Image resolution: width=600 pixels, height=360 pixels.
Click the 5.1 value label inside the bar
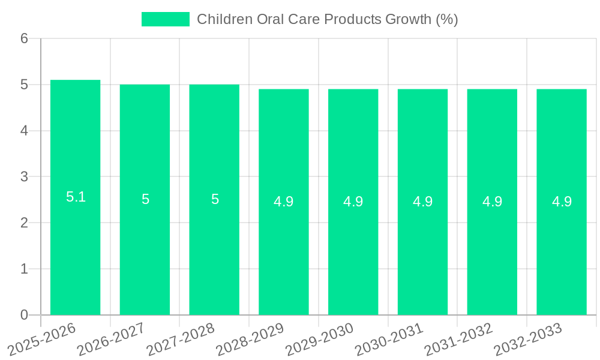point(76,197)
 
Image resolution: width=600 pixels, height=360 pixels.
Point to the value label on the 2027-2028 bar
point(215,199)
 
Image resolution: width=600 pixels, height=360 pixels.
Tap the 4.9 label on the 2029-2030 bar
point(353,202)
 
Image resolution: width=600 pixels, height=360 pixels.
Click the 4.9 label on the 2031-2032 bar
point(492,202)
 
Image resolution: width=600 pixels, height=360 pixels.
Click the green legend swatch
point(165,19)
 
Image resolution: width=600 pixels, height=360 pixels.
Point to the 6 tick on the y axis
point(24,38)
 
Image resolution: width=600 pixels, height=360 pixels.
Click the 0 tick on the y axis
point(24,315)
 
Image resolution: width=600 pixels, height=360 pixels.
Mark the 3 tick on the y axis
point(24,177)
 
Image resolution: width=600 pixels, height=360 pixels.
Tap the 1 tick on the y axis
point(24,269)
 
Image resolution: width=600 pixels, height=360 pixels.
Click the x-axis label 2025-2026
point(43,338)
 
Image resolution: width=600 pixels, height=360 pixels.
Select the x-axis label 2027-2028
point(181,338)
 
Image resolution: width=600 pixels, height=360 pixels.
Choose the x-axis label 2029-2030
point(320,338)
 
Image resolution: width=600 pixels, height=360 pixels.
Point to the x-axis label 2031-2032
point(459,338)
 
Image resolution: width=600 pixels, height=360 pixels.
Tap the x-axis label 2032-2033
point(529,338)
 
